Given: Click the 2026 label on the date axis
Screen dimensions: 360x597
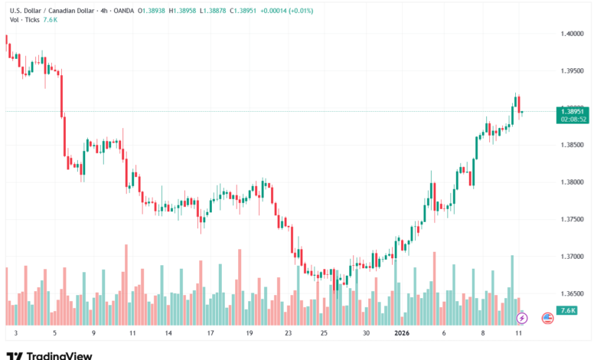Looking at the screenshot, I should pyautogui.click(x=402, y=333).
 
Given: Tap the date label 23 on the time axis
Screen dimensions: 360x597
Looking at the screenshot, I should pyautogui.click(x=288, y=333).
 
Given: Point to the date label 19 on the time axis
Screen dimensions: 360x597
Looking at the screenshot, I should pyautogui.click(x=250, y=333).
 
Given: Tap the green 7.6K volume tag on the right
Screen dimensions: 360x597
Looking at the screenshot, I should pyautogui.click(x=567, y=310).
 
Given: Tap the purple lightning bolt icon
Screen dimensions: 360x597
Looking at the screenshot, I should pyautogui.click(x=522, y=317).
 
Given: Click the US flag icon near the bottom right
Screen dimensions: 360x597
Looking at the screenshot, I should pyautogui.click(x=547, y=317).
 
